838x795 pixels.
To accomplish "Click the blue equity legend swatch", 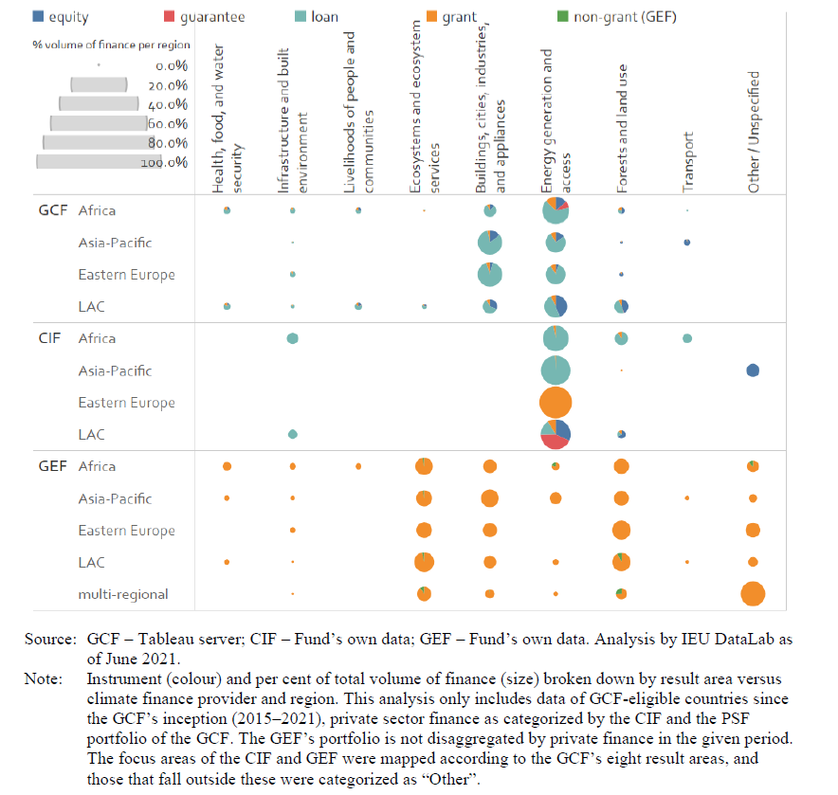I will coord(11,15).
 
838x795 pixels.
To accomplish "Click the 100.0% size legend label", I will coord(164,163).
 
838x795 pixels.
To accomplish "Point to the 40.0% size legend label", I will coord(167,104).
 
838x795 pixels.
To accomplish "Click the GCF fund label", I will coord(53,210).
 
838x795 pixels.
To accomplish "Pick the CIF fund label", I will coord(51,338).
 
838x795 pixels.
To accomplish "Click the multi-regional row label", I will coord(123,594).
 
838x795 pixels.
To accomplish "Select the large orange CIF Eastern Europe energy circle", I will coord(556,403).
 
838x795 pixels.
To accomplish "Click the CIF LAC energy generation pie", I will coord(556,434).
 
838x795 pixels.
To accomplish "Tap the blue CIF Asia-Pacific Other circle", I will coord(753,370).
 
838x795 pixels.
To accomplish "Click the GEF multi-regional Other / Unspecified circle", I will coord(753,594).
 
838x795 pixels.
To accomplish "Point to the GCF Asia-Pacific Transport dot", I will coord(686,243).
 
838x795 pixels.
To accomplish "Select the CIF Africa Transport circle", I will coord(686,338).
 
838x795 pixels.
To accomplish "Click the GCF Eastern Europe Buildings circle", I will coord(489,275).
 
